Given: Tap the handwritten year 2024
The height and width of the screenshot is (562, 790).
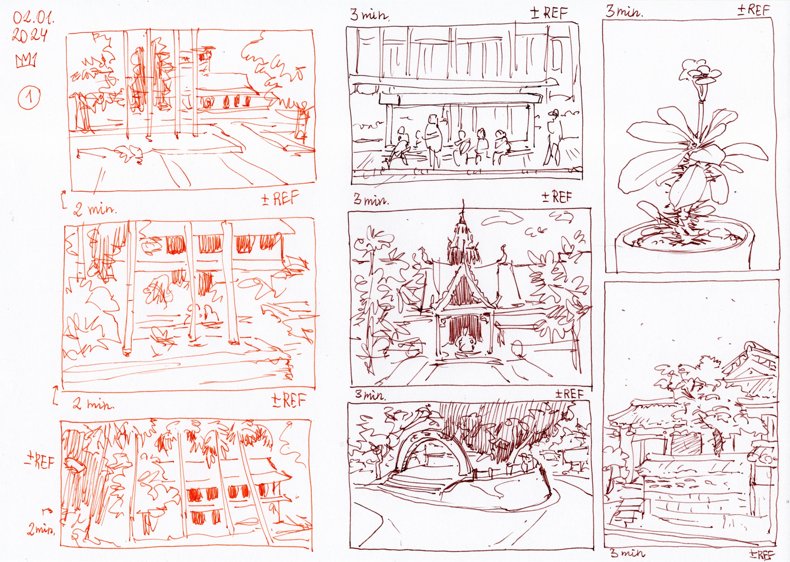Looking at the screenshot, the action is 30,35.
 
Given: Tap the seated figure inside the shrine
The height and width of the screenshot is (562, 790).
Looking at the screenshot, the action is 463,341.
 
